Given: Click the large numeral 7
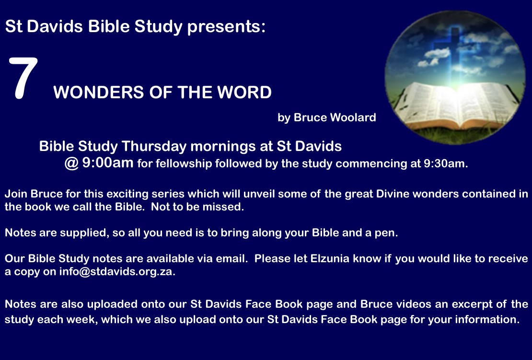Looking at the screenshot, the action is click(23, 78).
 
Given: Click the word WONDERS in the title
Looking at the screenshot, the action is click(98, 93).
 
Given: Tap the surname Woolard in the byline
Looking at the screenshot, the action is click(353, 117).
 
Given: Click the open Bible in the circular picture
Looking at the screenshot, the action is click(456, 105).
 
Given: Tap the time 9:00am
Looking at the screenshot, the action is click(108, 163).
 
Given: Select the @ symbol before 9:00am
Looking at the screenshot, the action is click(71, 163).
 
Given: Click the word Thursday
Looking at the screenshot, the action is click(154, 147).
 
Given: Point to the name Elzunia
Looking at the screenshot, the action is click(330, 258).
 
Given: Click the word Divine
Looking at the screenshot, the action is click(392, 194).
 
